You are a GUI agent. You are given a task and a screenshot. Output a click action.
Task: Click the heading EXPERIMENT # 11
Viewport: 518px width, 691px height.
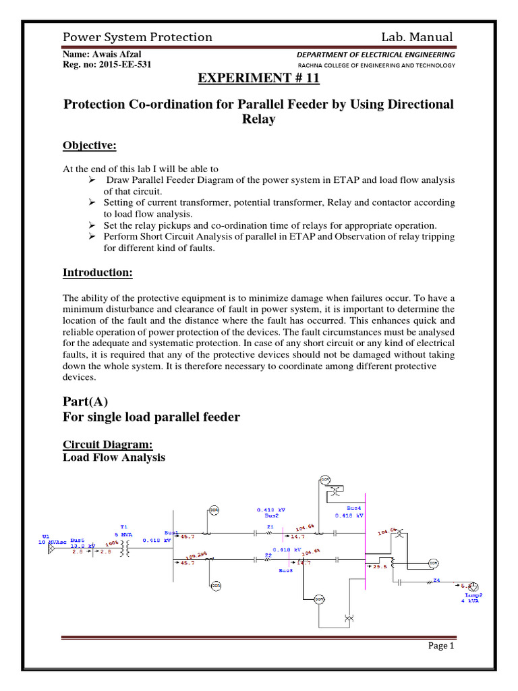click(x=258, y=79)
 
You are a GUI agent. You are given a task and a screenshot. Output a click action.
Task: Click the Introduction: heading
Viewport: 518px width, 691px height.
click(x=98, y=273)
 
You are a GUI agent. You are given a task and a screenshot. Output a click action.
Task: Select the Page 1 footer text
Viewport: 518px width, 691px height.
click(x=442, y=646)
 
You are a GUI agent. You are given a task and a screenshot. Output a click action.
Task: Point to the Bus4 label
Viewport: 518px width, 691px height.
click(x=353, y=507)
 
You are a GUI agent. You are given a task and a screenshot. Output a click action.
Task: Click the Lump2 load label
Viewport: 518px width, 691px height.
click(x=473, y=595)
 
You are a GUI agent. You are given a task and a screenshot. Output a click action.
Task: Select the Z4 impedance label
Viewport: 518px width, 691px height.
click(x=436, y=580)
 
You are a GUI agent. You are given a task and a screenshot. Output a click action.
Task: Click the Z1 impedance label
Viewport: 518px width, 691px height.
click(x=269, y=526)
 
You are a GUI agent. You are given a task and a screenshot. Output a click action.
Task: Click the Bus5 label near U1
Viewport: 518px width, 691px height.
click(x=76, y=541)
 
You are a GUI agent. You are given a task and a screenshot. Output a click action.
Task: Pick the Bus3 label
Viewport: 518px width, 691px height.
click(x=286, y=570)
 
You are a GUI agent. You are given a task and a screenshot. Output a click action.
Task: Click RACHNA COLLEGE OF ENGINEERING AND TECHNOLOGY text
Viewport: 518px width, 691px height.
click(x=376, y=65)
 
